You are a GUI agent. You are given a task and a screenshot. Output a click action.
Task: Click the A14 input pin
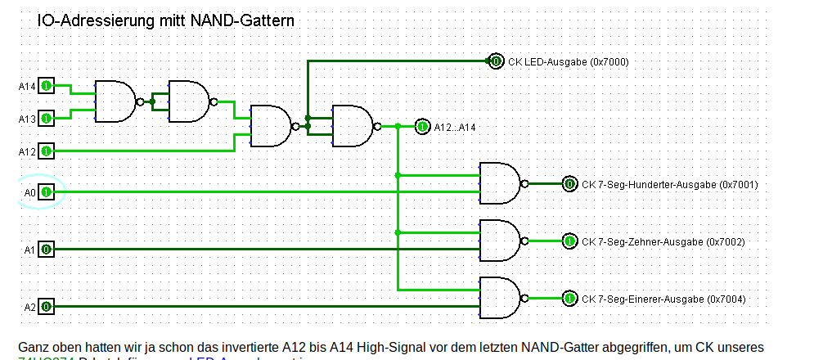coord(47,85)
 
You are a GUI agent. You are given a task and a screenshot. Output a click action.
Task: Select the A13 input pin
coord(47,118)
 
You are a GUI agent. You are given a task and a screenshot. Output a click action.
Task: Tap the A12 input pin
coord(47,151)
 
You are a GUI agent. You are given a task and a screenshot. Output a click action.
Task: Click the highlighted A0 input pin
coord(47,192)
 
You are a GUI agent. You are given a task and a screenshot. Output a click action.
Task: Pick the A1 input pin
coord(47,249)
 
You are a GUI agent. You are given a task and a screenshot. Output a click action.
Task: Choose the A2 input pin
coord(47,307)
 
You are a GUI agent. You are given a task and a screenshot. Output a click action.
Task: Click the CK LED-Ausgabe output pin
coord(495,61)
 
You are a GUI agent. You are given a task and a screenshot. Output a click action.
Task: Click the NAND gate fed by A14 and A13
coord(115,101)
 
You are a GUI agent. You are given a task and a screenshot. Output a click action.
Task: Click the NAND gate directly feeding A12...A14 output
coord(353,126)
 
